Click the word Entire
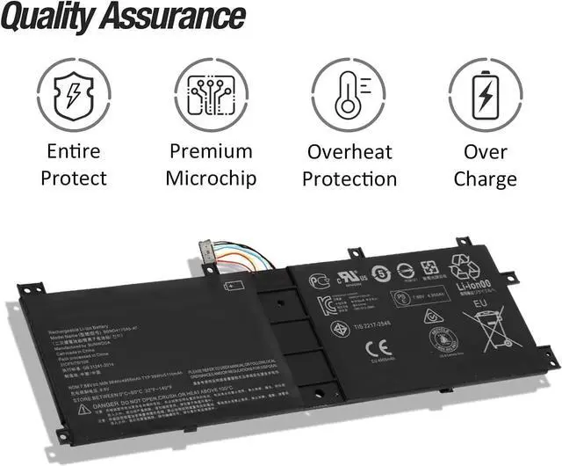coord(74,151)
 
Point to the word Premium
coord(212,151)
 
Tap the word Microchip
coord(212,178)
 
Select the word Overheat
coord(349,151)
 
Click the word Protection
coord(349,178)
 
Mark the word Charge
coord(486,178)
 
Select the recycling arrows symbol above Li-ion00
coord(465,264)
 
